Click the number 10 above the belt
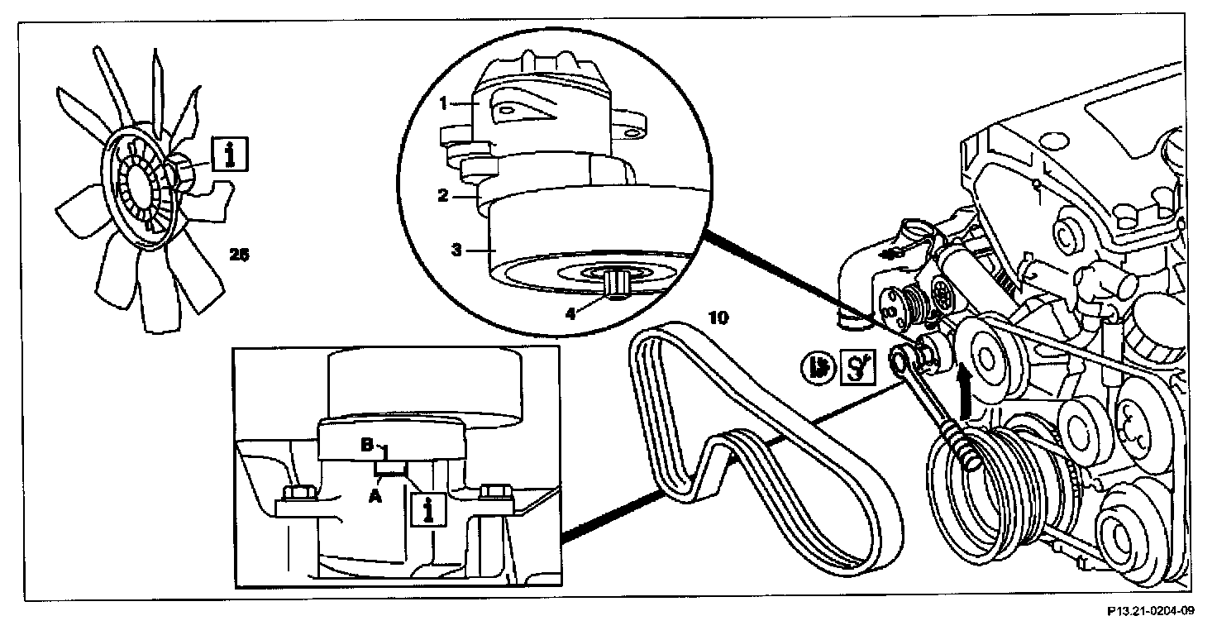pyautogui.click(x=718, y=317)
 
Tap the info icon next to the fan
pyautogui.click(x=228, y=154)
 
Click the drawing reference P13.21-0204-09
pyautogui.click(x=1151, y=612)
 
